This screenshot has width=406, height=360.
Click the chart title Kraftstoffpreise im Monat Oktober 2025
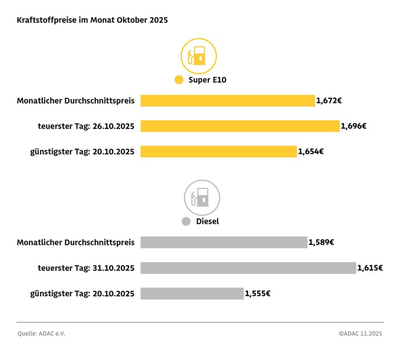[92, 20]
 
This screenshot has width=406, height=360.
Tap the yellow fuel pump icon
[198, 56]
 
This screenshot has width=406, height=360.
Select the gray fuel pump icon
[201, 197]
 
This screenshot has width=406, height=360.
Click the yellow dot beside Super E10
[179, 80]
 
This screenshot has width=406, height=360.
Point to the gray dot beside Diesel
[185, 221]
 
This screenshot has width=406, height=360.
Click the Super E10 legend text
[208, 80]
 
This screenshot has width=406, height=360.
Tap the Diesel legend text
[208, 221]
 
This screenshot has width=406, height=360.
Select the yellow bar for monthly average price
[228, 101]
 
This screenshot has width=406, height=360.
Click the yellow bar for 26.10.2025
[240, 126]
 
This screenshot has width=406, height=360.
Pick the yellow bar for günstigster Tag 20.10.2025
[218, 152]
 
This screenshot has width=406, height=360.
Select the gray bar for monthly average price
[224, 242]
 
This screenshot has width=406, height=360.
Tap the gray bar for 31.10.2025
[248, 268]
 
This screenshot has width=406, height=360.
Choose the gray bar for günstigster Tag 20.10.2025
[192, 294]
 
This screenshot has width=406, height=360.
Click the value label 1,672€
[329, 101]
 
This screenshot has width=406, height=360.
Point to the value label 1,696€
[353, 126]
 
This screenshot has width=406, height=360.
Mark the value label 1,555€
[257, 294]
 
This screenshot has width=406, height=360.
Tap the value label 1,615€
[370, 268]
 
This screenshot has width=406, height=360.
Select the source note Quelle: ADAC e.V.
[42, 333]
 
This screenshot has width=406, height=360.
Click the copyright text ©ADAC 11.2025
[360, 333]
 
